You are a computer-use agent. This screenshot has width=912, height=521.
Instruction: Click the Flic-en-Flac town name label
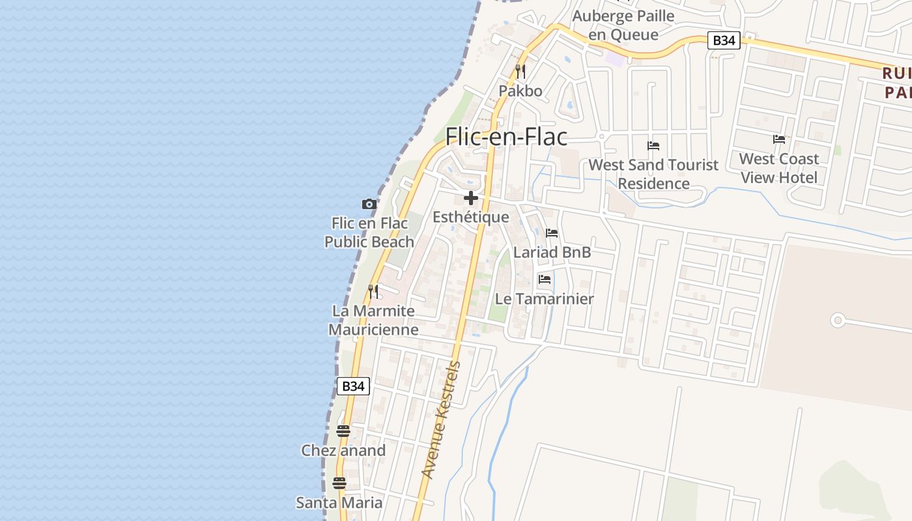506,137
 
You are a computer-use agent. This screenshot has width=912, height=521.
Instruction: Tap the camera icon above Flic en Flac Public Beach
369,204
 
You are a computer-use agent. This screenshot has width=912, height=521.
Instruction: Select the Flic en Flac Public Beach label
369,232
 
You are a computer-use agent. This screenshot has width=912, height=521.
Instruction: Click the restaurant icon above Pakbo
520,71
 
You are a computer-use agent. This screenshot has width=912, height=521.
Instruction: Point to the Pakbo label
520,91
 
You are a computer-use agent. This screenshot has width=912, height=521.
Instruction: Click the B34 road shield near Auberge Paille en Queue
724,40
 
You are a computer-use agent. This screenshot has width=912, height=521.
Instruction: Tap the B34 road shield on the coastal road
353,386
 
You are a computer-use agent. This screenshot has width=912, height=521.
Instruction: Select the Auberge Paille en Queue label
623,25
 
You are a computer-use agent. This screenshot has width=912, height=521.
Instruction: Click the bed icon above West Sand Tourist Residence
653,145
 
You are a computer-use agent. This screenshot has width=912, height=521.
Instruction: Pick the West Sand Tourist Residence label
653,174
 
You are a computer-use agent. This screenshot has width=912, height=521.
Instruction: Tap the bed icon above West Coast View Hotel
778,139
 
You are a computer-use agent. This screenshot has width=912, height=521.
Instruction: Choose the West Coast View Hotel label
778,168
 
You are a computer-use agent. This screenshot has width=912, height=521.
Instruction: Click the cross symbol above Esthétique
471,198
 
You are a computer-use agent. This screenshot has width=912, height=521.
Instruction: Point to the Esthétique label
471,217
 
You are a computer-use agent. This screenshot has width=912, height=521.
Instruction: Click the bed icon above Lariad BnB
552,232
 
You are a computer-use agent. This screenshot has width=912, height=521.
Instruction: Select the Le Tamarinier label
545,299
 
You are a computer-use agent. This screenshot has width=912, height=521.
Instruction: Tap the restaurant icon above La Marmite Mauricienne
373,290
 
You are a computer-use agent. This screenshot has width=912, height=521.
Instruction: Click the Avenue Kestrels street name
441,420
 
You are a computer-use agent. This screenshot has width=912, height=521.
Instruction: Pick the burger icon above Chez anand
343,430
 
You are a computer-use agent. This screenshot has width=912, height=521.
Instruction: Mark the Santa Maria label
339,502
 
